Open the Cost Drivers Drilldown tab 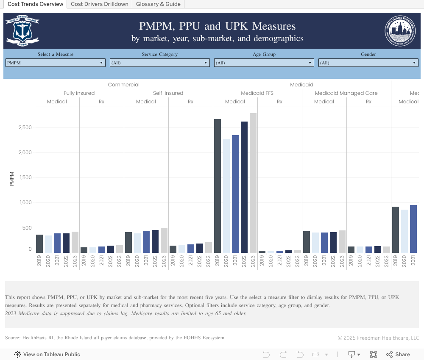[x=100, y=4]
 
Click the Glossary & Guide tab [x=158, y=4]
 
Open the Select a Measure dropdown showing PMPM [x=56, y=63]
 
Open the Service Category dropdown [x=159, y=63]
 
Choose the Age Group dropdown [x=264, y=63]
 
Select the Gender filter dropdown [x=368, y=63]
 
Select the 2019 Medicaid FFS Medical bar [x=218, y=186]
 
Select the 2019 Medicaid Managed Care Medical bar [x=307, y=242]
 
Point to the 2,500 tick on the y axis [x=25, y=127]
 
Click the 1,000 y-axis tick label [x=25, y=202]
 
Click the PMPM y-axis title [x=11, y=178]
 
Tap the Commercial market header [x=123, y=85]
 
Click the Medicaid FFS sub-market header [x=257, y=93]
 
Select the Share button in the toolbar [x=398, y=354]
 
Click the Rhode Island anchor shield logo [x=22, y=30]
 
